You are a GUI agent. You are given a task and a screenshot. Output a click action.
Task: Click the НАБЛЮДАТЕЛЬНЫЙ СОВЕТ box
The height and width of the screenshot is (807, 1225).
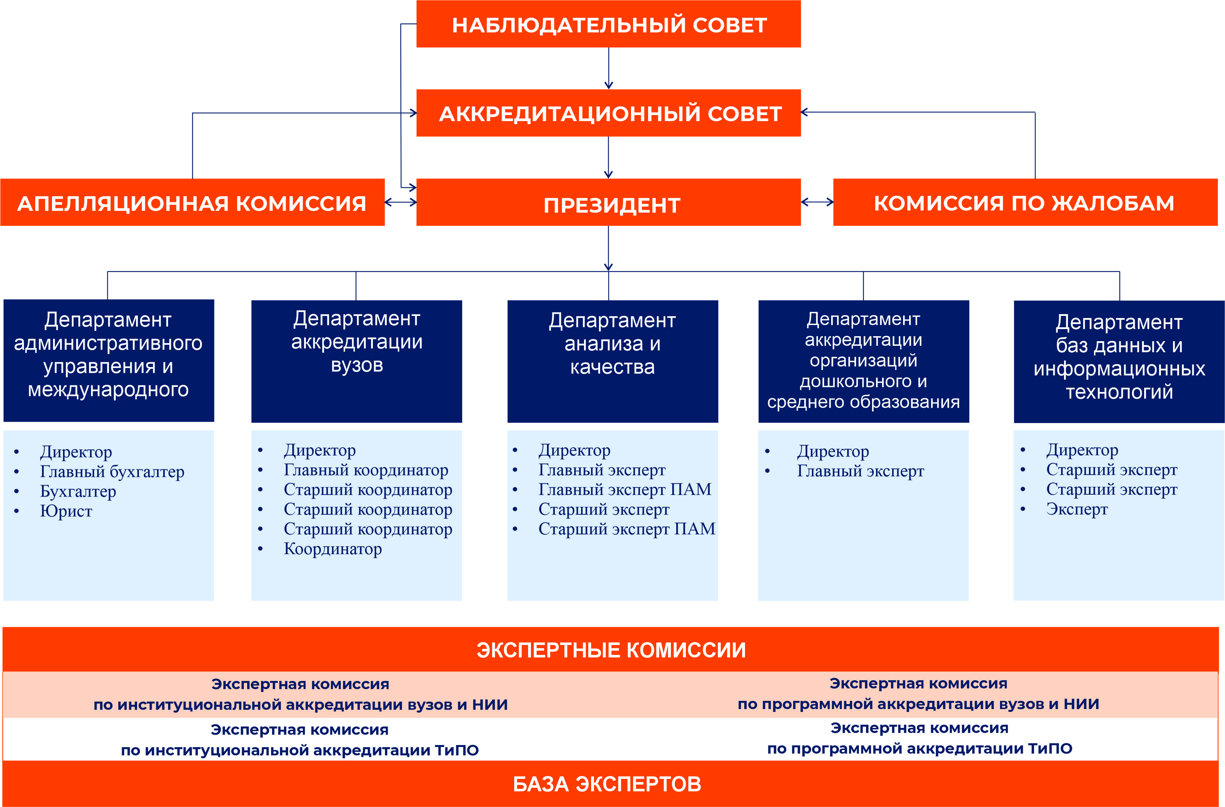click(608, 25)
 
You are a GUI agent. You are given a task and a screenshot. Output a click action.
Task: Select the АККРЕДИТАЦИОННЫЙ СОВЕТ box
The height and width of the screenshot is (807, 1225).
click(608, 113)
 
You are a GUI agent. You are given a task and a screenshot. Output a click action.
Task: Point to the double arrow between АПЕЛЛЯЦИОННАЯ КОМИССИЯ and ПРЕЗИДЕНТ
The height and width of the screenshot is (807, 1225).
click(401, 202)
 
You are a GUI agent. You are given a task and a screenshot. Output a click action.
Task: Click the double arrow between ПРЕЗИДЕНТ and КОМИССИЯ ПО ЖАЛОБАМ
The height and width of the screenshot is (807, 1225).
click(817, 202)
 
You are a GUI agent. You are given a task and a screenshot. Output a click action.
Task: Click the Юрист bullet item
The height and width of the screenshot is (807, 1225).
click(66, 511)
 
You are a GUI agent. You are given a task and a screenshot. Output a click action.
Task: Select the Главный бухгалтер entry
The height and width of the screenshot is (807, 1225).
click(112, 472)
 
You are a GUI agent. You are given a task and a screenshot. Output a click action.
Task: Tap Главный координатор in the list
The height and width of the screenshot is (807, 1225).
click(365, 470)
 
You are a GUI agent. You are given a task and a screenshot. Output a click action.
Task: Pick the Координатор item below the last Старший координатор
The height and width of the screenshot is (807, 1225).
click(333, 549)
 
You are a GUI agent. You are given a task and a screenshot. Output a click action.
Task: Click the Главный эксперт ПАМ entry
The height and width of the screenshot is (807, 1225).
click(624, 489)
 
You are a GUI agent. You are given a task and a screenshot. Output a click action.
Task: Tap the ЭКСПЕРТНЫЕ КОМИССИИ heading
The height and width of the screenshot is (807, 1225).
click(611, 650)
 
